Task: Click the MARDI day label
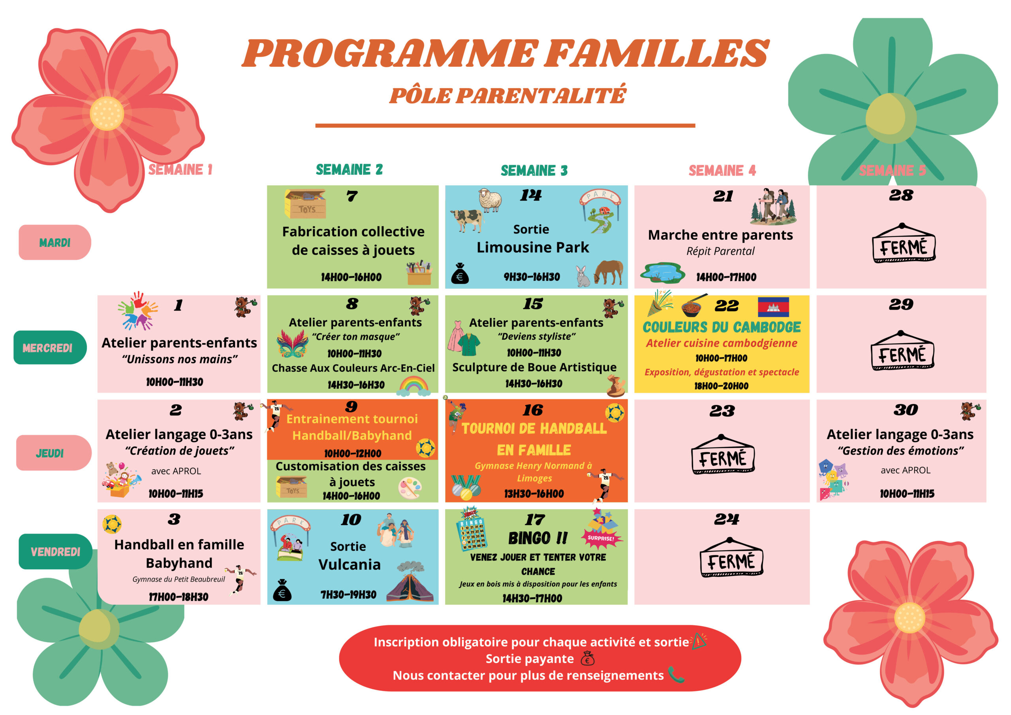pyautogui.click(x=54, y=243)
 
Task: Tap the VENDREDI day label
pyautogui.click(x=55, y=551)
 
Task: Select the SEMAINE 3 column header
pyautogui.click(x=534, y=171)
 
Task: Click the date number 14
pyautogui.click(x=531, y=195)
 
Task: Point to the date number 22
pyautogui.click(x=726, y=306)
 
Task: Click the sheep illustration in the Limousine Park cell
pyautogui.click(x=490, y=200)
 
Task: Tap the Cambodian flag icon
pyautogui.click(x=773, y=307)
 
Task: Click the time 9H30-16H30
pyautogui.click(x=532, y=277)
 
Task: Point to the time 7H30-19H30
pyautogui.click(x=348, y=595)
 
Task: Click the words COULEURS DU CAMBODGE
pyautogui.click(x=721, y=327)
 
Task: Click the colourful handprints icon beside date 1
pyautogui.click(x=138, y=310)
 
